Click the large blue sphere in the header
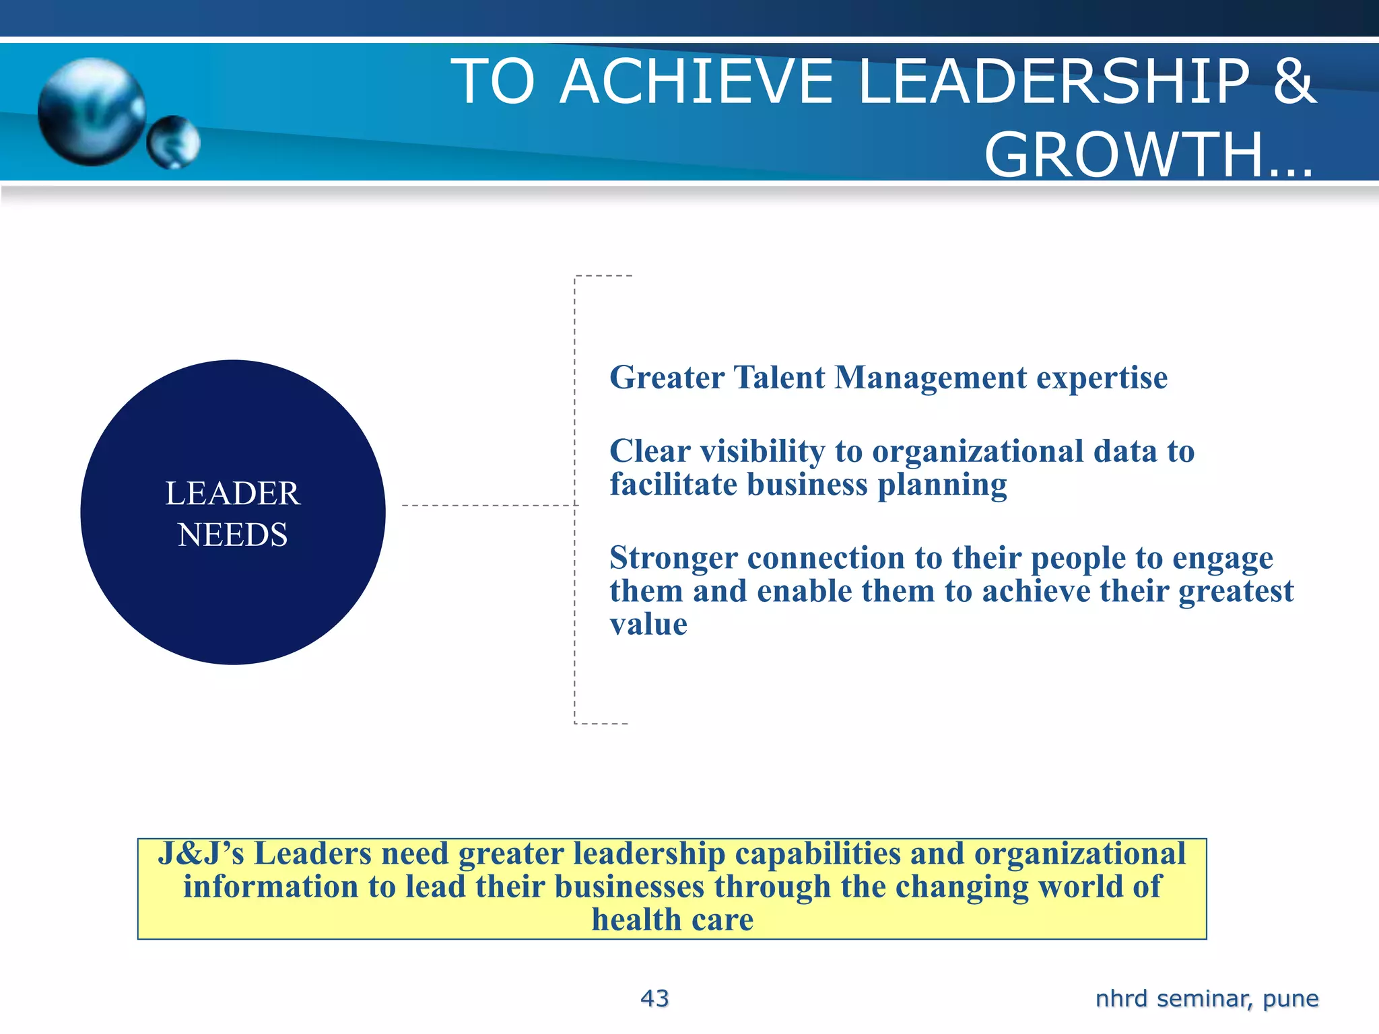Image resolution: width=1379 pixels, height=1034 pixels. [92, 112]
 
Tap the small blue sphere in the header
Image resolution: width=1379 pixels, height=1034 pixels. [174, 142]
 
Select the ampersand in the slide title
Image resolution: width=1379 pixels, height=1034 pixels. [1293, 81]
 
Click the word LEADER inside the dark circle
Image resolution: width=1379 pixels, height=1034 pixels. [232, 493]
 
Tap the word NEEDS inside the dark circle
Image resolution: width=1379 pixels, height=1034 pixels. [232, 535]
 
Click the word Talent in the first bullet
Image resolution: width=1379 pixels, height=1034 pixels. [779, 378]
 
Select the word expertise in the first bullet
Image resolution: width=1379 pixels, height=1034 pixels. [1102, 378]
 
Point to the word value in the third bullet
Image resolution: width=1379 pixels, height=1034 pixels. [648, 625]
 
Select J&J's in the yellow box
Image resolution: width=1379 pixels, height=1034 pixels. [201, 854]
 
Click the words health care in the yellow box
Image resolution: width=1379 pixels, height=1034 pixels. [672, 920]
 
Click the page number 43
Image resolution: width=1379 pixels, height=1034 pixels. [654, 998]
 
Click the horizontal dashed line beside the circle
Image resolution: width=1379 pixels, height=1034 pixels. [488, 505]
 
